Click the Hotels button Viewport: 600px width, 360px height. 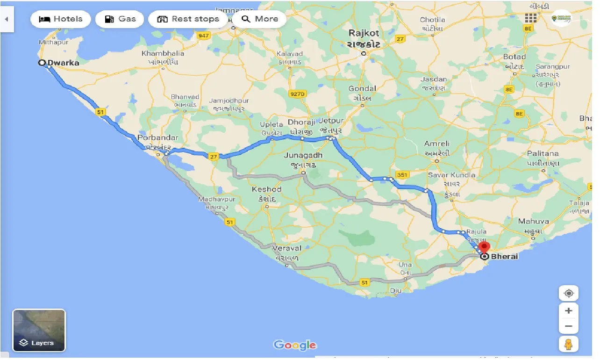(60, 19)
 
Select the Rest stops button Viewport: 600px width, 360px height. (188, 19)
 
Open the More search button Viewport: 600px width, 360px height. (260, 19)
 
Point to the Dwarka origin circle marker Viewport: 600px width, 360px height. (42, 63)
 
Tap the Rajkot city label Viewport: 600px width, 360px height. (364, 34)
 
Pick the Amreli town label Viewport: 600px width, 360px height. (436, 144)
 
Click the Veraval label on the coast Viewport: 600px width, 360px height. (288, 248)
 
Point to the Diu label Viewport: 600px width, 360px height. (396, 290)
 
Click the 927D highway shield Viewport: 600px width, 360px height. (297, 94)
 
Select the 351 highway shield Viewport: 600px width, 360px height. (402, 175)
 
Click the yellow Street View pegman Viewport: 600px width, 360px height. (569, 344)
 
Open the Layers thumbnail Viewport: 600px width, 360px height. (39, 330)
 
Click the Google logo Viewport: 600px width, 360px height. (295, 346)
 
